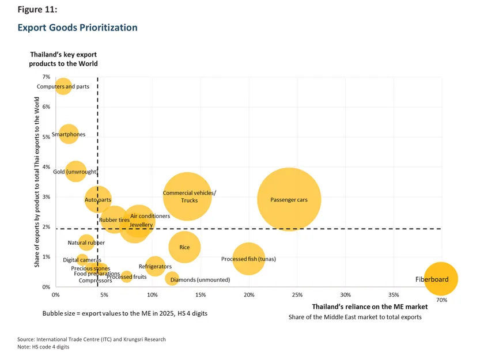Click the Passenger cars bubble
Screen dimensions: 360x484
289,200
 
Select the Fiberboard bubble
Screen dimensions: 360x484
440,279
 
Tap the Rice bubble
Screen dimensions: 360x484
184,247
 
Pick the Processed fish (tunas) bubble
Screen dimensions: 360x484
249,259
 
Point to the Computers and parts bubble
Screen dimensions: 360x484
63,86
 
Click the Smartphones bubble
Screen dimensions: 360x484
68,135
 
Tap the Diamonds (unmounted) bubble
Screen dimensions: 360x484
172,279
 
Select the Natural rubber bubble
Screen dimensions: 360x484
86,243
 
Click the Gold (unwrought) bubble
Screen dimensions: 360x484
75,172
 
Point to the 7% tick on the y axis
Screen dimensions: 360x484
46,77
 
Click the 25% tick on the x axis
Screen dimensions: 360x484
297,295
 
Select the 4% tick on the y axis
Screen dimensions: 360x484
46,167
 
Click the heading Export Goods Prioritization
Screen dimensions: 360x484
77,27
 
